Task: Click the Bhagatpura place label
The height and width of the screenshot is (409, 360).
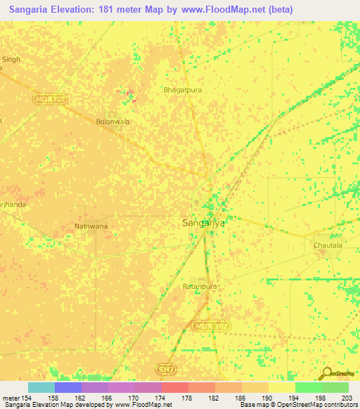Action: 181,90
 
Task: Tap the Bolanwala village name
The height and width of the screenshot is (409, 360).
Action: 113,121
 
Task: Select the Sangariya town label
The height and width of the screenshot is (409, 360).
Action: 204,223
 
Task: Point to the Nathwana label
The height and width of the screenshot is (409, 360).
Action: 91,226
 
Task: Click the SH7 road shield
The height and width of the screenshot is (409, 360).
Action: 163,368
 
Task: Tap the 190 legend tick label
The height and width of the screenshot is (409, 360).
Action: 268,399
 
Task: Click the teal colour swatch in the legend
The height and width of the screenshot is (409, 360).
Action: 41,387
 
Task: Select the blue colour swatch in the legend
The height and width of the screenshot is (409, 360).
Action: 68,387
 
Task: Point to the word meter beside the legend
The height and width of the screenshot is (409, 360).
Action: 10,399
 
